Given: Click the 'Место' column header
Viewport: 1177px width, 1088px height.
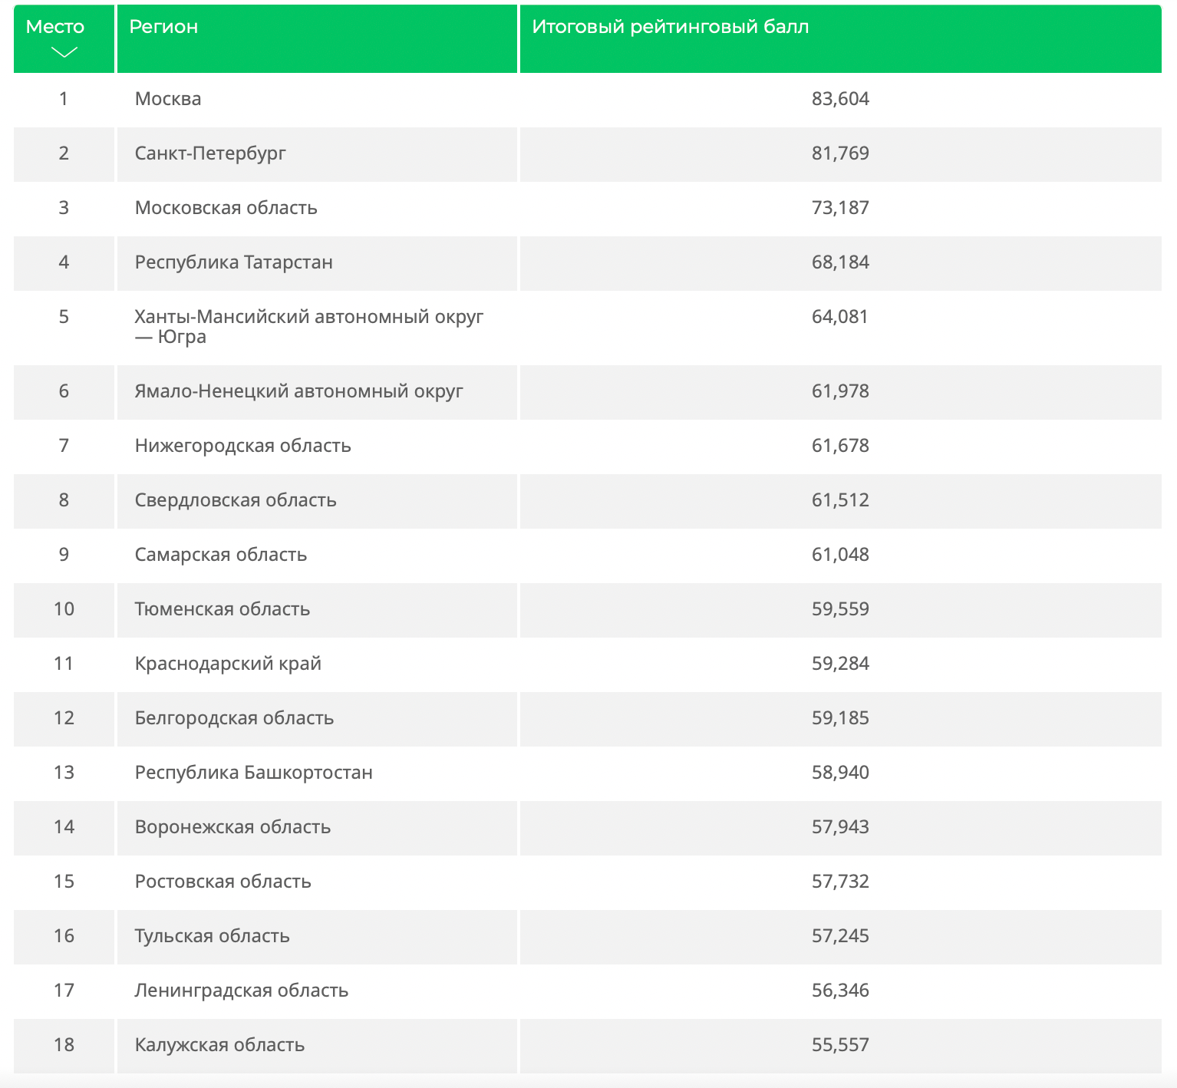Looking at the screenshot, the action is pyautogui.click(x=55, y=27).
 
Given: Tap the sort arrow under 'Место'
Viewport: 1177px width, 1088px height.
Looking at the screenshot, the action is pyautogui.click(x=64, y=52).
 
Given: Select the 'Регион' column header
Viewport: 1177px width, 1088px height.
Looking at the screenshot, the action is pyautogui.click(x=163, y=27).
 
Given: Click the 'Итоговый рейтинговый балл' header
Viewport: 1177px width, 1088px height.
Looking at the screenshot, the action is pyautogui.click(x=671, y=27).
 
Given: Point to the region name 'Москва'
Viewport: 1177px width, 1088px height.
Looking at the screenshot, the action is pyautogui.click(x=168, y=99).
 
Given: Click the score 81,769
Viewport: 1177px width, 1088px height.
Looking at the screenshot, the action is pyautogui.click(x=840, y=153).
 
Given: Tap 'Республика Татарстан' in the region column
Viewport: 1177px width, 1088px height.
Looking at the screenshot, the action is pyautogui.click(x=234, y=262).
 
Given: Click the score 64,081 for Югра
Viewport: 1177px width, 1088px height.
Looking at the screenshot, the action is pyautogui.click(x=840, y=317).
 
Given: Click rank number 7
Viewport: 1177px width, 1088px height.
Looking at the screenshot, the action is pyautogui.click(x=64, y=446).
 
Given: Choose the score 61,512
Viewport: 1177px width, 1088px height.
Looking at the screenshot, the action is pyautogui.click(x=840, y=500).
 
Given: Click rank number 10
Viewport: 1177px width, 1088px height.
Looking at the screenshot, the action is pyautogui.click(x=64, y=609).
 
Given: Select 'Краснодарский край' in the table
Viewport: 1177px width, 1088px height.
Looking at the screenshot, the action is pyautogui.click(x=228, y=664).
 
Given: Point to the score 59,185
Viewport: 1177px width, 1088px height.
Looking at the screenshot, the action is pyautogui.click(x=840, y=718).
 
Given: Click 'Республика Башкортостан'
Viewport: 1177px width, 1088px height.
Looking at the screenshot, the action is pyautogui.click(x=254, y=773).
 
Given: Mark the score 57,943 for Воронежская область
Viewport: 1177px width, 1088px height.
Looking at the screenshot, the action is pyautogui.click(x=840, y=827).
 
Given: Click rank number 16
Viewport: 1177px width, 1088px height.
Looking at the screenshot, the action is pyautogui.click(x=64, y=936).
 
